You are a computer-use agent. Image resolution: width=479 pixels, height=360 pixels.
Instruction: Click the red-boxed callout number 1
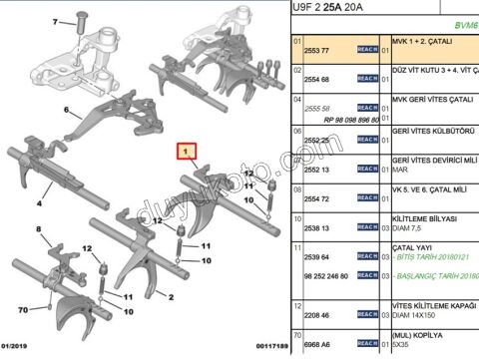pos(185,154)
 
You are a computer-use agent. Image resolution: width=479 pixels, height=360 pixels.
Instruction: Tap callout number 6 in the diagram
pos(67,110)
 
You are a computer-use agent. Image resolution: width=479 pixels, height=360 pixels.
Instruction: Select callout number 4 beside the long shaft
pos(39,202)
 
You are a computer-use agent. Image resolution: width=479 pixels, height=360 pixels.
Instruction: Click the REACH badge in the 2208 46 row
pos(366,315)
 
